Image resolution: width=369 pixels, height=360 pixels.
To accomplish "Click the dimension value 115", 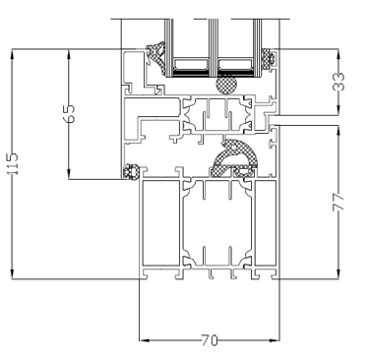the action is pos(14,163).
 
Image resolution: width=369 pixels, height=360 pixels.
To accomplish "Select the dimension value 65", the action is pos(69,114).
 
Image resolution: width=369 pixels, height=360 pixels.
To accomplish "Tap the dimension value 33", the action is pos(338,82).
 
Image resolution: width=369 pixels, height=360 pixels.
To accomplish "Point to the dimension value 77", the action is pos(338,202).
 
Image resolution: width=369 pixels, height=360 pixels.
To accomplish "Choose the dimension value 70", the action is pos(210,340).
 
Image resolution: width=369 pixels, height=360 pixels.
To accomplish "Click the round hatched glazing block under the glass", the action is pos(226,85).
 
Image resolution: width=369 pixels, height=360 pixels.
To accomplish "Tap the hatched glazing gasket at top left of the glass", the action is pos(156,58).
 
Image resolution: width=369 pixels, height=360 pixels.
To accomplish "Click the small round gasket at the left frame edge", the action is pos(131,171).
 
